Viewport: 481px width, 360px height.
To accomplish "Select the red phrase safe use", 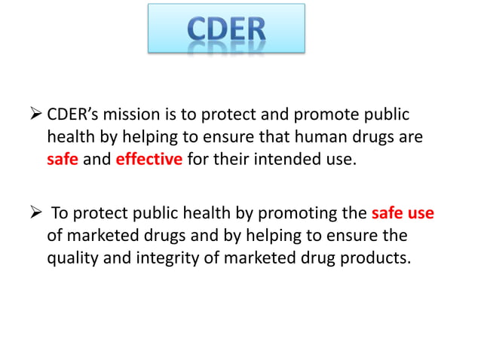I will click(403, 213).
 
